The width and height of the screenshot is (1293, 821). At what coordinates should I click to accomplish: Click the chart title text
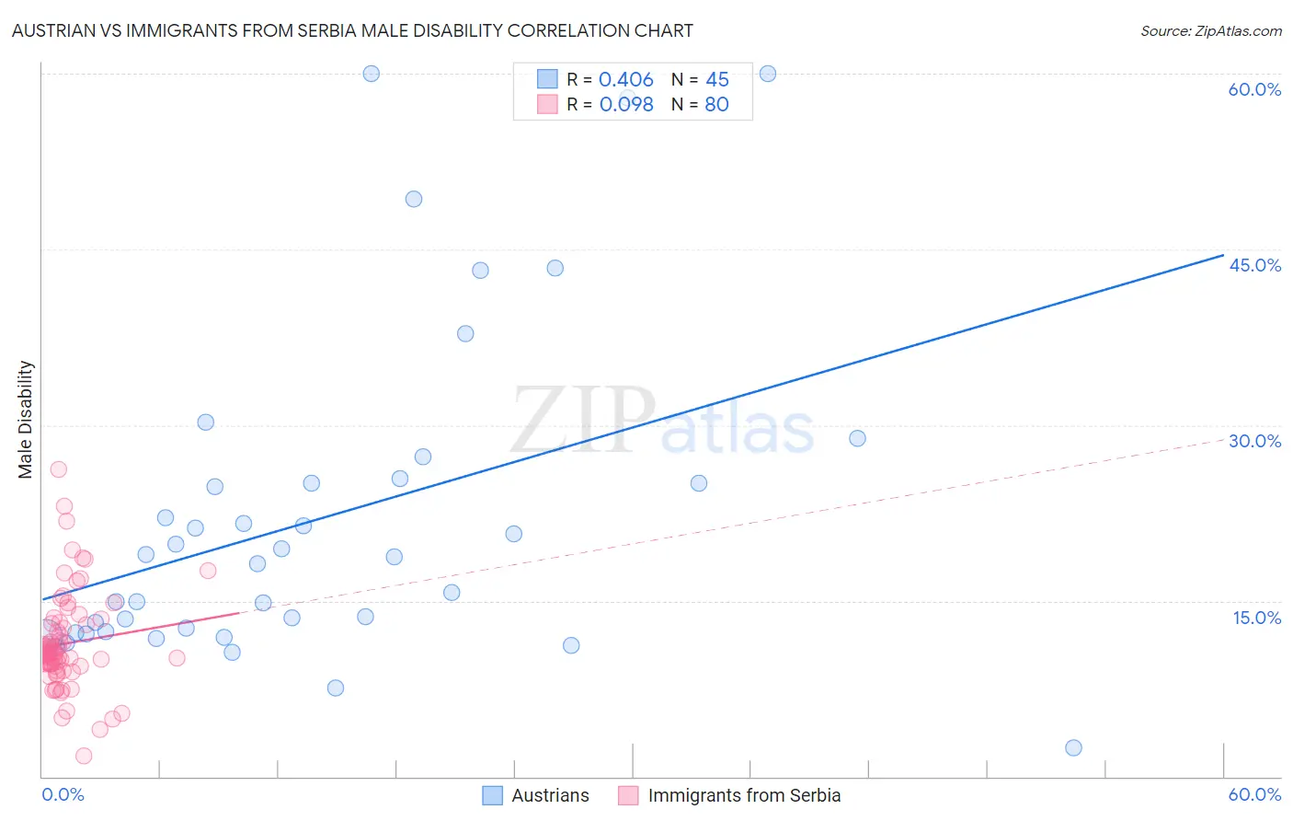(x=352, y=30)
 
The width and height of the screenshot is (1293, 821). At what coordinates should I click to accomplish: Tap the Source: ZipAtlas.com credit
(x=1210, y=30)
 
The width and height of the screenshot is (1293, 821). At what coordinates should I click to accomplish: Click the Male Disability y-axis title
(x=26, y=419)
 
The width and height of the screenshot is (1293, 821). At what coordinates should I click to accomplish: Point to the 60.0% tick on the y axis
(x=1254, y=89)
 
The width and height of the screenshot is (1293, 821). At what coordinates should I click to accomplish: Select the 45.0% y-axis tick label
(x=1254, y=265)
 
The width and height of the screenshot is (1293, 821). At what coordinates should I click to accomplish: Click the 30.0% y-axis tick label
(x=1254, y=441)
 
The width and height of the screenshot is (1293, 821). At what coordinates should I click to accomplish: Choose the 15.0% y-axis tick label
(x=1256, y=618)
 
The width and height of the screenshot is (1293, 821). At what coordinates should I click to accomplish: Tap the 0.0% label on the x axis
(x=63, y=794)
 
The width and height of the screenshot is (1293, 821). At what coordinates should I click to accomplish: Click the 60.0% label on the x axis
(x=1254, y=794)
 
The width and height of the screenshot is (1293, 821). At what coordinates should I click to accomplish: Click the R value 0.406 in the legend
(x=625, y=80)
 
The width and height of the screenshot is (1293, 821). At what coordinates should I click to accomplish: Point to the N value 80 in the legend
(x=716, y=105)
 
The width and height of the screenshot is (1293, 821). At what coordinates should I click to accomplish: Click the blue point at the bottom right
(x=1073, y=747)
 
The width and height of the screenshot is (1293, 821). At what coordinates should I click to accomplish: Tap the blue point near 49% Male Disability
(x=414, y=199)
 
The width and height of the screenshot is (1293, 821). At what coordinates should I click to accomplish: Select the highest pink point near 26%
(x=58, y=469)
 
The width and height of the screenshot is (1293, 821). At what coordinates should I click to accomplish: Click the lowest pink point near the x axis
(x=84, y=756)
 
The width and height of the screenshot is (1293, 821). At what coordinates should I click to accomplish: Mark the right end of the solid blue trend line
(x=1223, y=255)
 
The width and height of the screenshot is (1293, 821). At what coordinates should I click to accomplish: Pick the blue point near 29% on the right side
(x=857, y=438)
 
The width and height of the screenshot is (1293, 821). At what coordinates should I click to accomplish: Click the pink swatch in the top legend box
(x=547, y=105)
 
